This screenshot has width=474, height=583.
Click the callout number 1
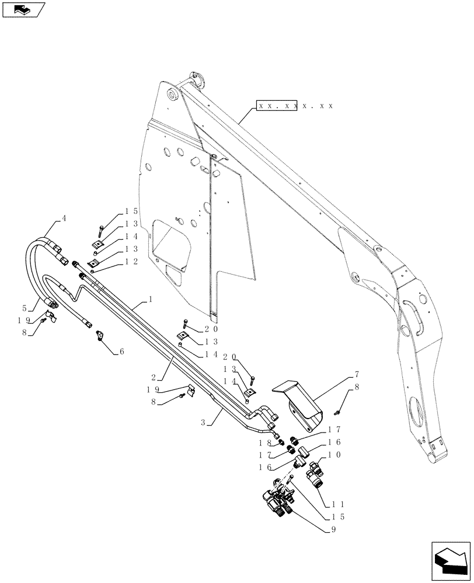click(x=151, y=298)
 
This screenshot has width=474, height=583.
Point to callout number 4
click(x=64, y=219)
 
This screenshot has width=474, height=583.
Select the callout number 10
click(x=340, y=454)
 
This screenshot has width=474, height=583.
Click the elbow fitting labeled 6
click(x=100, y=336)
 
